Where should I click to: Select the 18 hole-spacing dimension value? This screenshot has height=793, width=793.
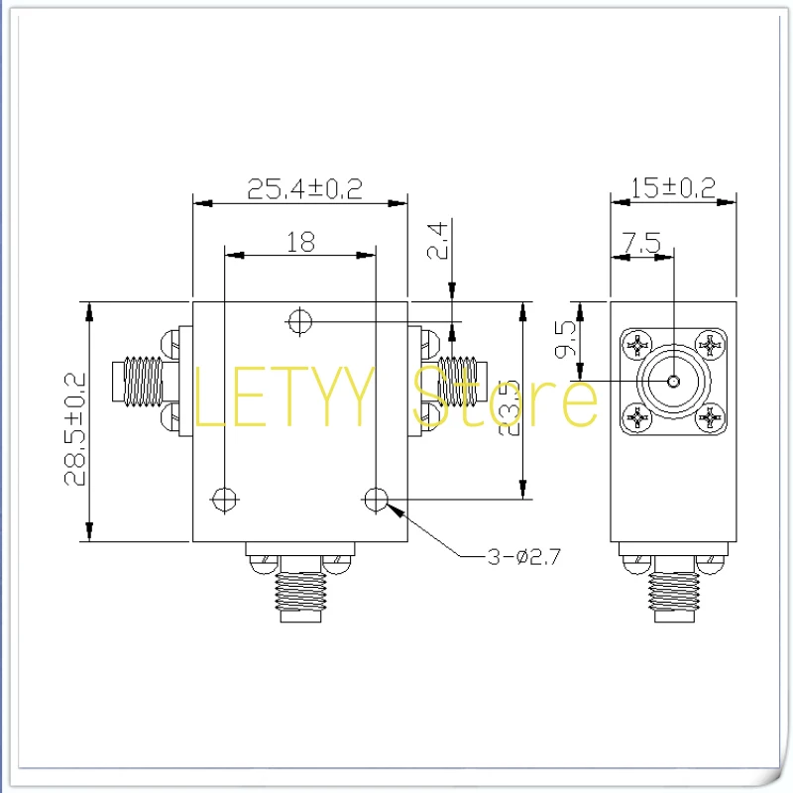(x=300, y=241)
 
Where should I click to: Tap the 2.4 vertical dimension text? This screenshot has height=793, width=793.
(x=439, y=241)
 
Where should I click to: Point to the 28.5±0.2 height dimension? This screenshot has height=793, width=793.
(x=75, y=428)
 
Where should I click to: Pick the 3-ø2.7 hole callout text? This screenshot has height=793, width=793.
(x=524, y=557)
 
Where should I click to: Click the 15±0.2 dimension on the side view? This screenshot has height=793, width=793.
(x=674, y=188)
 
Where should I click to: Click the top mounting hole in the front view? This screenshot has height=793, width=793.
(x=299, y=320)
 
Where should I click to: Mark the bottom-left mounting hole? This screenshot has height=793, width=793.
(x=226, y=497)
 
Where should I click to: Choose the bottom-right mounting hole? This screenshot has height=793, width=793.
(x=376, y=499)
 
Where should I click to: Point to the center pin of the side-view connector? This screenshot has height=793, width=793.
(x=674, y=382)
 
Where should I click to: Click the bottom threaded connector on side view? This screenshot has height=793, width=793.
(x=674, y=592)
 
